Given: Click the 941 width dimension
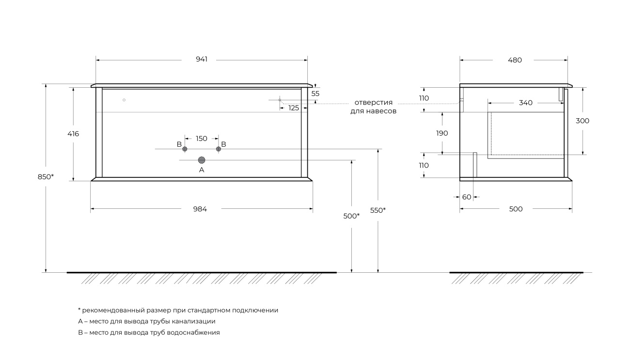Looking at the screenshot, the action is coord(202,59).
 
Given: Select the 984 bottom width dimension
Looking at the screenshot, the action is coord(200,209).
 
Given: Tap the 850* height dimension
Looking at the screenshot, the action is coord(46,177).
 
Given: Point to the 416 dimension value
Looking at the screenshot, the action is coord(73,134).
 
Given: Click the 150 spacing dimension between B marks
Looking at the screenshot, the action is coord(202,139).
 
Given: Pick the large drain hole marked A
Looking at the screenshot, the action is coord(202,160).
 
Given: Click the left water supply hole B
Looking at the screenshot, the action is coord(185,149).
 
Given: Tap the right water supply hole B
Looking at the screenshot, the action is coord(219,149).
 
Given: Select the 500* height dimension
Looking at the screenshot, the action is coord(351,216).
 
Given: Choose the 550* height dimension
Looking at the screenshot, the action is coord(378,210).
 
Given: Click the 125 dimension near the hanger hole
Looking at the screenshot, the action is coord(294,108).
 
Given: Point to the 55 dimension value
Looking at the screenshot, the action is coord(315,94).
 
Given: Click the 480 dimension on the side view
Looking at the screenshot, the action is coord(515,60).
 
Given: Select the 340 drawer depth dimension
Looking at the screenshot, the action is coord(526,103).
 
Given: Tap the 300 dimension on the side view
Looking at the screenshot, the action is coord(583,121).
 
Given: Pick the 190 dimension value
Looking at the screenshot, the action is coord(442,133).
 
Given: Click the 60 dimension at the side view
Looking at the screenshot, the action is coord(467,197).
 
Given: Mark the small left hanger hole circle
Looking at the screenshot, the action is coord(124,100).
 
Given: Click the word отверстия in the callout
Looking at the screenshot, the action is coord(373,102).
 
